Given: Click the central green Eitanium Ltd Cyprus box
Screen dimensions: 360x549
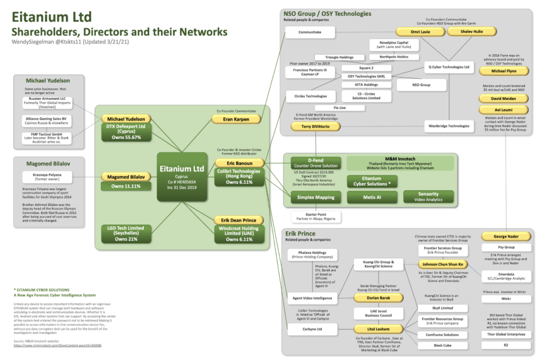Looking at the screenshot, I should (181, 177).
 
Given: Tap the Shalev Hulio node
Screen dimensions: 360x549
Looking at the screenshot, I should (471, 32).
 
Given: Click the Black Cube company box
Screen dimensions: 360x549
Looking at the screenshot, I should (442, 345).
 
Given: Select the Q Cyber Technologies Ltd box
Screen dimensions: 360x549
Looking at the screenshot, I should (449, 66).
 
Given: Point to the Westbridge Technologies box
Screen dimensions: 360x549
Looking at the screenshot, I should (449, 126).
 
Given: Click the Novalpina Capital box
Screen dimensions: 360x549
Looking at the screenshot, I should (393, 44).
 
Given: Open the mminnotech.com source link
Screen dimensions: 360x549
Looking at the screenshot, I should (57, 345).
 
